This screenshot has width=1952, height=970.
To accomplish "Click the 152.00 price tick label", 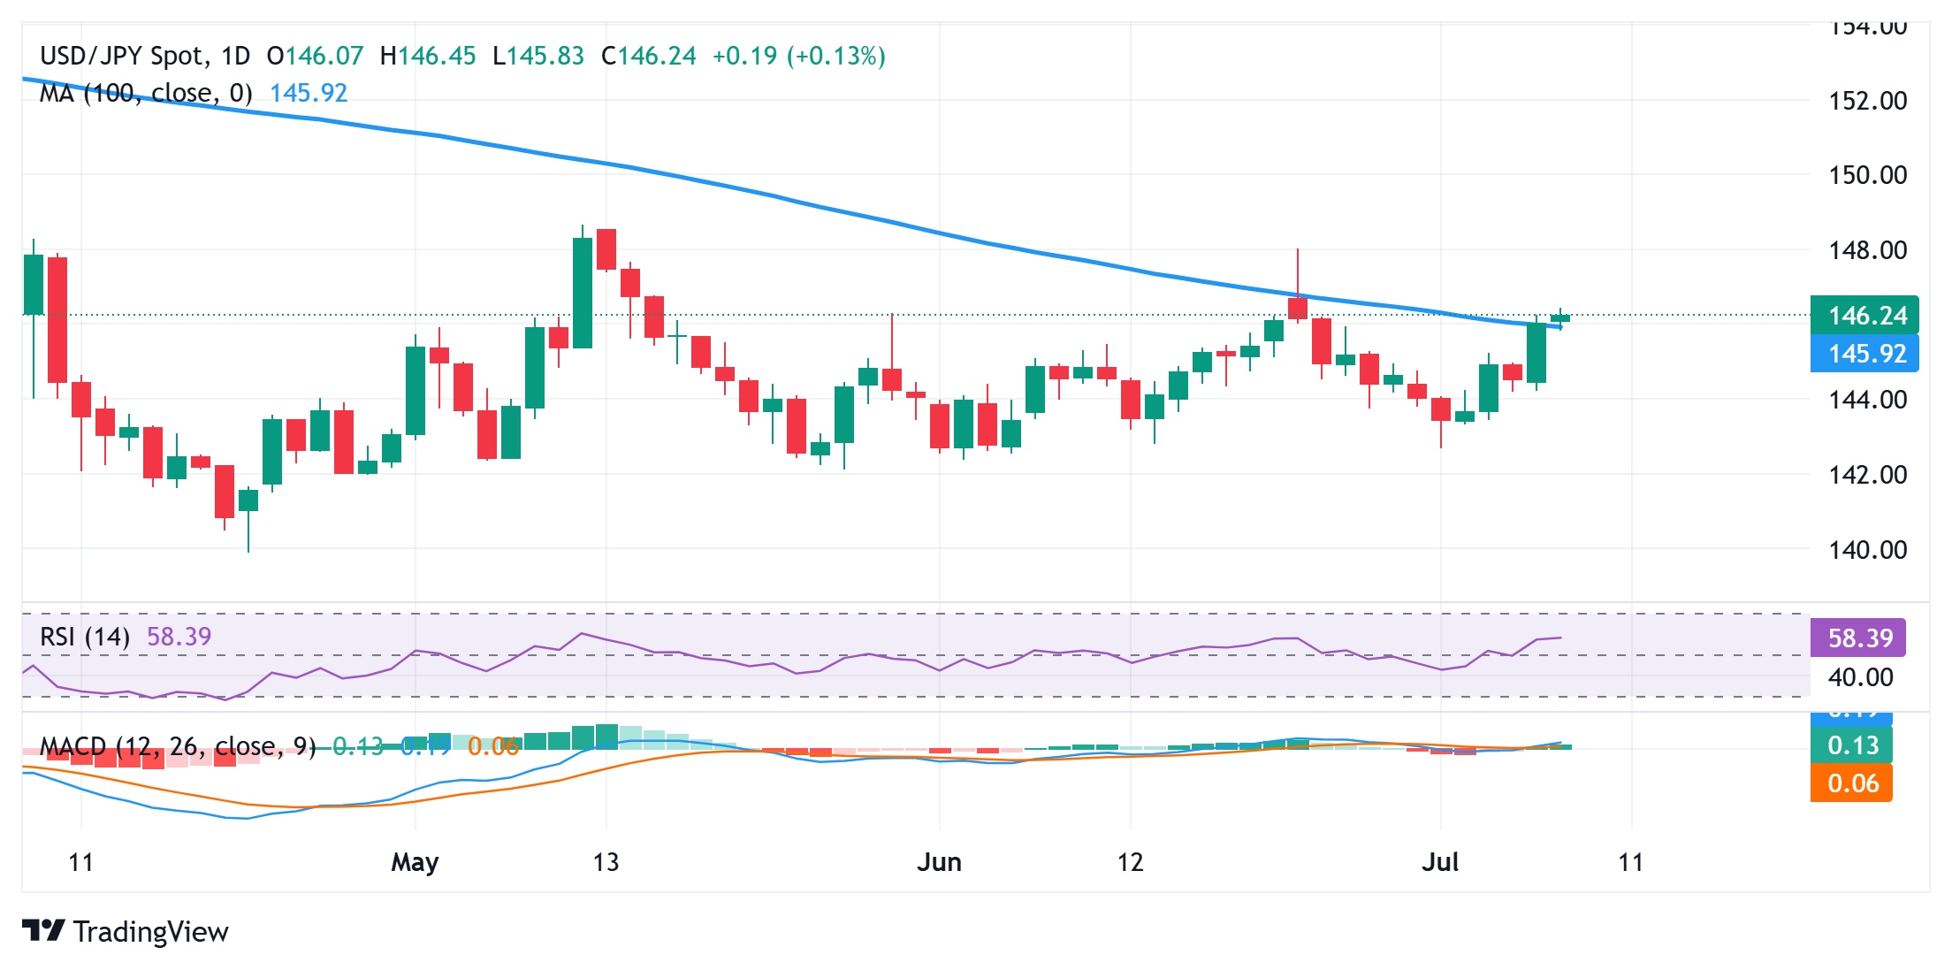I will click(x=1867, y=101).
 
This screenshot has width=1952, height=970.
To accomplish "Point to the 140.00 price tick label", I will click(x=1867, y=550).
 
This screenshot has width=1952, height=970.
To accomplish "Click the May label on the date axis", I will click(x=415, y=862).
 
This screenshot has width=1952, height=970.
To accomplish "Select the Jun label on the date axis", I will click(x=939, y=862).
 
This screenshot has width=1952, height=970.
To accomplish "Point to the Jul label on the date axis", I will click(x=1439, y=862).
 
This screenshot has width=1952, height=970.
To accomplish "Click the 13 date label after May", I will click(x=606, y=862).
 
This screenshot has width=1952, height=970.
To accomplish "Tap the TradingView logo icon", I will click(x=43, y=931).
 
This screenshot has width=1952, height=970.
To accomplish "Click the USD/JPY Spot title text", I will click(x=122, y=57).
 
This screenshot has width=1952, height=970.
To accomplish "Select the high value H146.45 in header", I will click(x=428, y=57).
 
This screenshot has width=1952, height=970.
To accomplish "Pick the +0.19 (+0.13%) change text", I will click(x=798, y=57).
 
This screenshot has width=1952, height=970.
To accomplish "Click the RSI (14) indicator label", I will click(x=85, y=637).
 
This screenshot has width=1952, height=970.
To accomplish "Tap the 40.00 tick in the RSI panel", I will click(x=1860, y=677).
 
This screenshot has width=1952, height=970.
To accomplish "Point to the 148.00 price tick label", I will click(x=1867, y=250).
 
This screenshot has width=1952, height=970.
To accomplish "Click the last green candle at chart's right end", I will click(x=1560, y=318).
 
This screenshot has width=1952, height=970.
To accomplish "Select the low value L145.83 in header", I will click(x=538, y=57).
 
